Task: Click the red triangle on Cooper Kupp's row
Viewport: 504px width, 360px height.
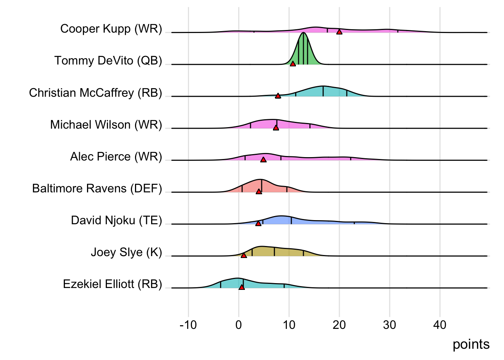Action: pos(339,32)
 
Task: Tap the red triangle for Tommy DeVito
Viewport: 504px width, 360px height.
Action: pos(293,64)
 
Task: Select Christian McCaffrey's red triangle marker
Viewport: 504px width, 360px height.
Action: pos(278,96)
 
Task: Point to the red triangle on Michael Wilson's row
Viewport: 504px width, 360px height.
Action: pos(276,127)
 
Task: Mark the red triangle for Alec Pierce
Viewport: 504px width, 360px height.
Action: pos(263,159)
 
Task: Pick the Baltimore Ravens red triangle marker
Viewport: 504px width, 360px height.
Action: pos(259,191)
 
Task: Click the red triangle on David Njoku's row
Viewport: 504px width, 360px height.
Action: pos(258,223)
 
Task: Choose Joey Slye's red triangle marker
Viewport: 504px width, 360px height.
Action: pos(244,255)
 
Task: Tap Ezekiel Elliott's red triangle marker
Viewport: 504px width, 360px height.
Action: pos(241,287)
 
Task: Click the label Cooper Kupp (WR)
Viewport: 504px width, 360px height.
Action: pos(111,29)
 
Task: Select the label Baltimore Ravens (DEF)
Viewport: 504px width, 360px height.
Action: pos(97,188)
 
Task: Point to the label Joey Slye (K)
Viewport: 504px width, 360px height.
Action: pos(126,252)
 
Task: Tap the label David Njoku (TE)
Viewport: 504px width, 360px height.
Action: pos(117,220)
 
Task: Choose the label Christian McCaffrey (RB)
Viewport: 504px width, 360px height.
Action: pos(96,93)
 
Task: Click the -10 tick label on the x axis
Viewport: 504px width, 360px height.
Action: pos(188,325)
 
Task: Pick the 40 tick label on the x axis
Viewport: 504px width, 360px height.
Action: pos(440,325)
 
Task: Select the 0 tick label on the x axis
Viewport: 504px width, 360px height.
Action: pos(238,325)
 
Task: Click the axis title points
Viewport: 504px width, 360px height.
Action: pos(471,344)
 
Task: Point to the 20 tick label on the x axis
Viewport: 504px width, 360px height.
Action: pos(339,325)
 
